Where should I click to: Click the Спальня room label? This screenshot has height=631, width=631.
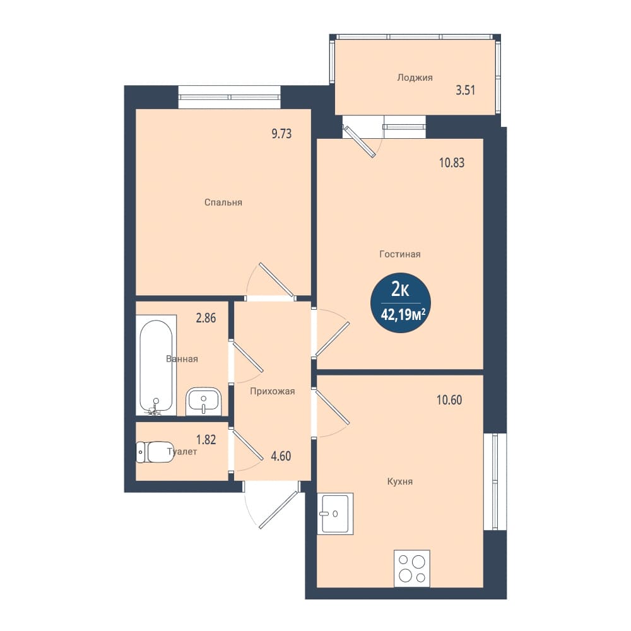pyautogui.click(x=223, y=203)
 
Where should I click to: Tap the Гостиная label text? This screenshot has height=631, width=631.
pyautogui.click(x=400, y=254)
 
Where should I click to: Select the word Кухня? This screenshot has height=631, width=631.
pyautogui.click(x=400, y=481)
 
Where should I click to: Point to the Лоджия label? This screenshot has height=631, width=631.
pyautogui.click(x=415, y=78)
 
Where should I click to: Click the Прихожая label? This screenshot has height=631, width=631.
pyautogui.click(x=273, y=391)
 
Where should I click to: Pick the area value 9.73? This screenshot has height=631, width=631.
pyautogui.click(x=281, y=134)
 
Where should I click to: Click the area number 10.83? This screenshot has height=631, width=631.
pyautogui.click(x=452, y=163)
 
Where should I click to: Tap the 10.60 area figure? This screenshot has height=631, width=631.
pyautogui.click(x=449, y=400)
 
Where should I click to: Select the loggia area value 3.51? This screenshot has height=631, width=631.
pyautogui.click(x=466, y=90)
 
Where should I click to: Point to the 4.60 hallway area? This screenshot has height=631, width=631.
pyautogui.click(x=281, y=456)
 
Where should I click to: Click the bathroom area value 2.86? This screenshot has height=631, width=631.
pyautogui.click(x=206, y=318)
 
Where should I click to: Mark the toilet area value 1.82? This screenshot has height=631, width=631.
pyautogui.click(x=206, y=439)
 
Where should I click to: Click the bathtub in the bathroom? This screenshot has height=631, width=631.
pyautogui.click(x=156, y=365)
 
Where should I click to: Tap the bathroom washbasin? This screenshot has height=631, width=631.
pyautogui.click(x=204, y=401)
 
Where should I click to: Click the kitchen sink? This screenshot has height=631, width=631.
pyautogui.click(x=335, y=514)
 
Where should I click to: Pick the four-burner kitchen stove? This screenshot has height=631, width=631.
pyautogui.click(x=411, y=569)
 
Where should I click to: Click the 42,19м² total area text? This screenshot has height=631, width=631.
pyautogui.click(x=403, y=315)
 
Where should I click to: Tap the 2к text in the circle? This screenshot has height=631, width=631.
pyautogui.click(x=401, y=290)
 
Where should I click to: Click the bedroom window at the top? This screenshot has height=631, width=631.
pyautogui.click(x=230, y=97)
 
